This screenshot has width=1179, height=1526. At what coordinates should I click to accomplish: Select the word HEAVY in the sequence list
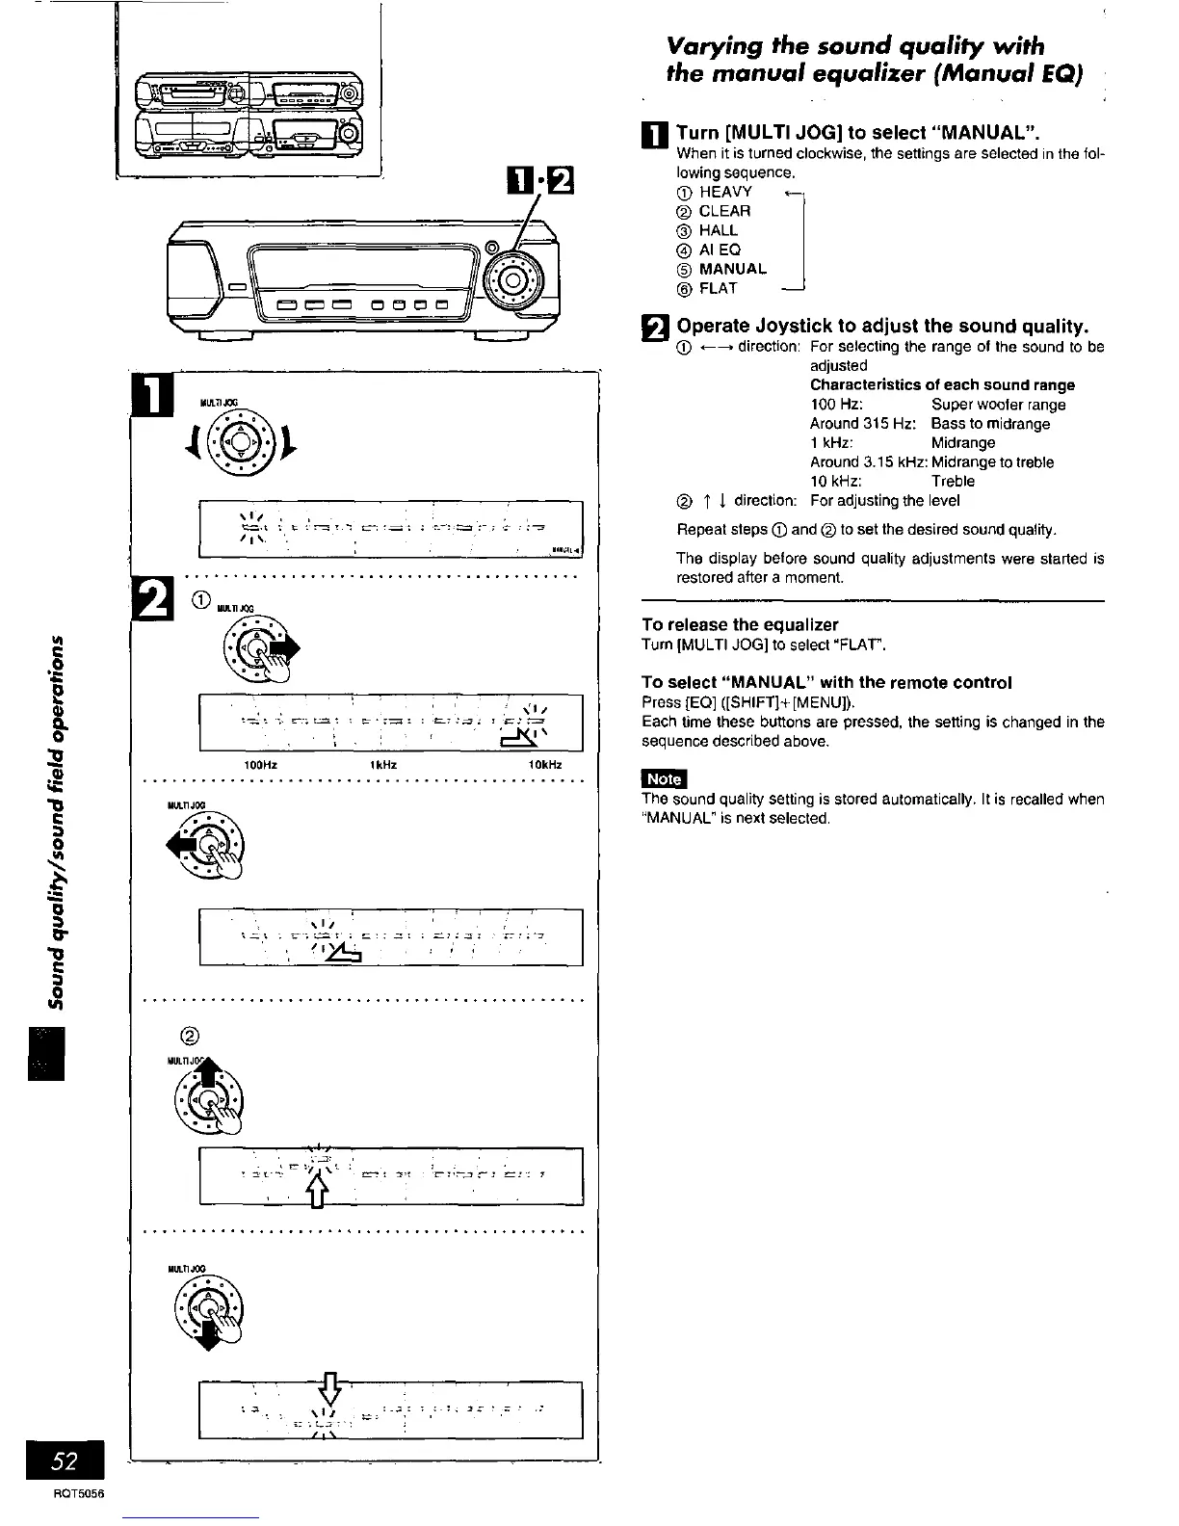(x=725, y=192)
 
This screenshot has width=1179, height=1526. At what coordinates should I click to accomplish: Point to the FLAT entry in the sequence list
(x=718, y=288)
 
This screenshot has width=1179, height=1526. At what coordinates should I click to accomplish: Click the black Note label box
(x=664, y=778)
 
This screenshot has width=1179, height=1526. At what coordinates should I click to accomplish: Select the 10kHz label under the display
(x=544, y=765)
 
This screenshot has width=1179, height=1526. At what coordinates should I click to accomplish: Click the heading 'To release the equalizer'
(x=740, y=624)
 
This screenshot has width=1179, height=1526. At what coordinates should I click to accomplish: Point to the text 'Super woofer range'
(x=998, y=405)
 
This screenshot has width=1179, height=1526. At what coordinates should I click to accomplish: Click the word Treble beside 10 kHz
(x=953, y=481)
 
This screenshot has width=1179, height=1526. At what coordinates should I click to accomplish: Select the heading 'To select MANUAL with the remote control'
(x=826, y=682)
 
